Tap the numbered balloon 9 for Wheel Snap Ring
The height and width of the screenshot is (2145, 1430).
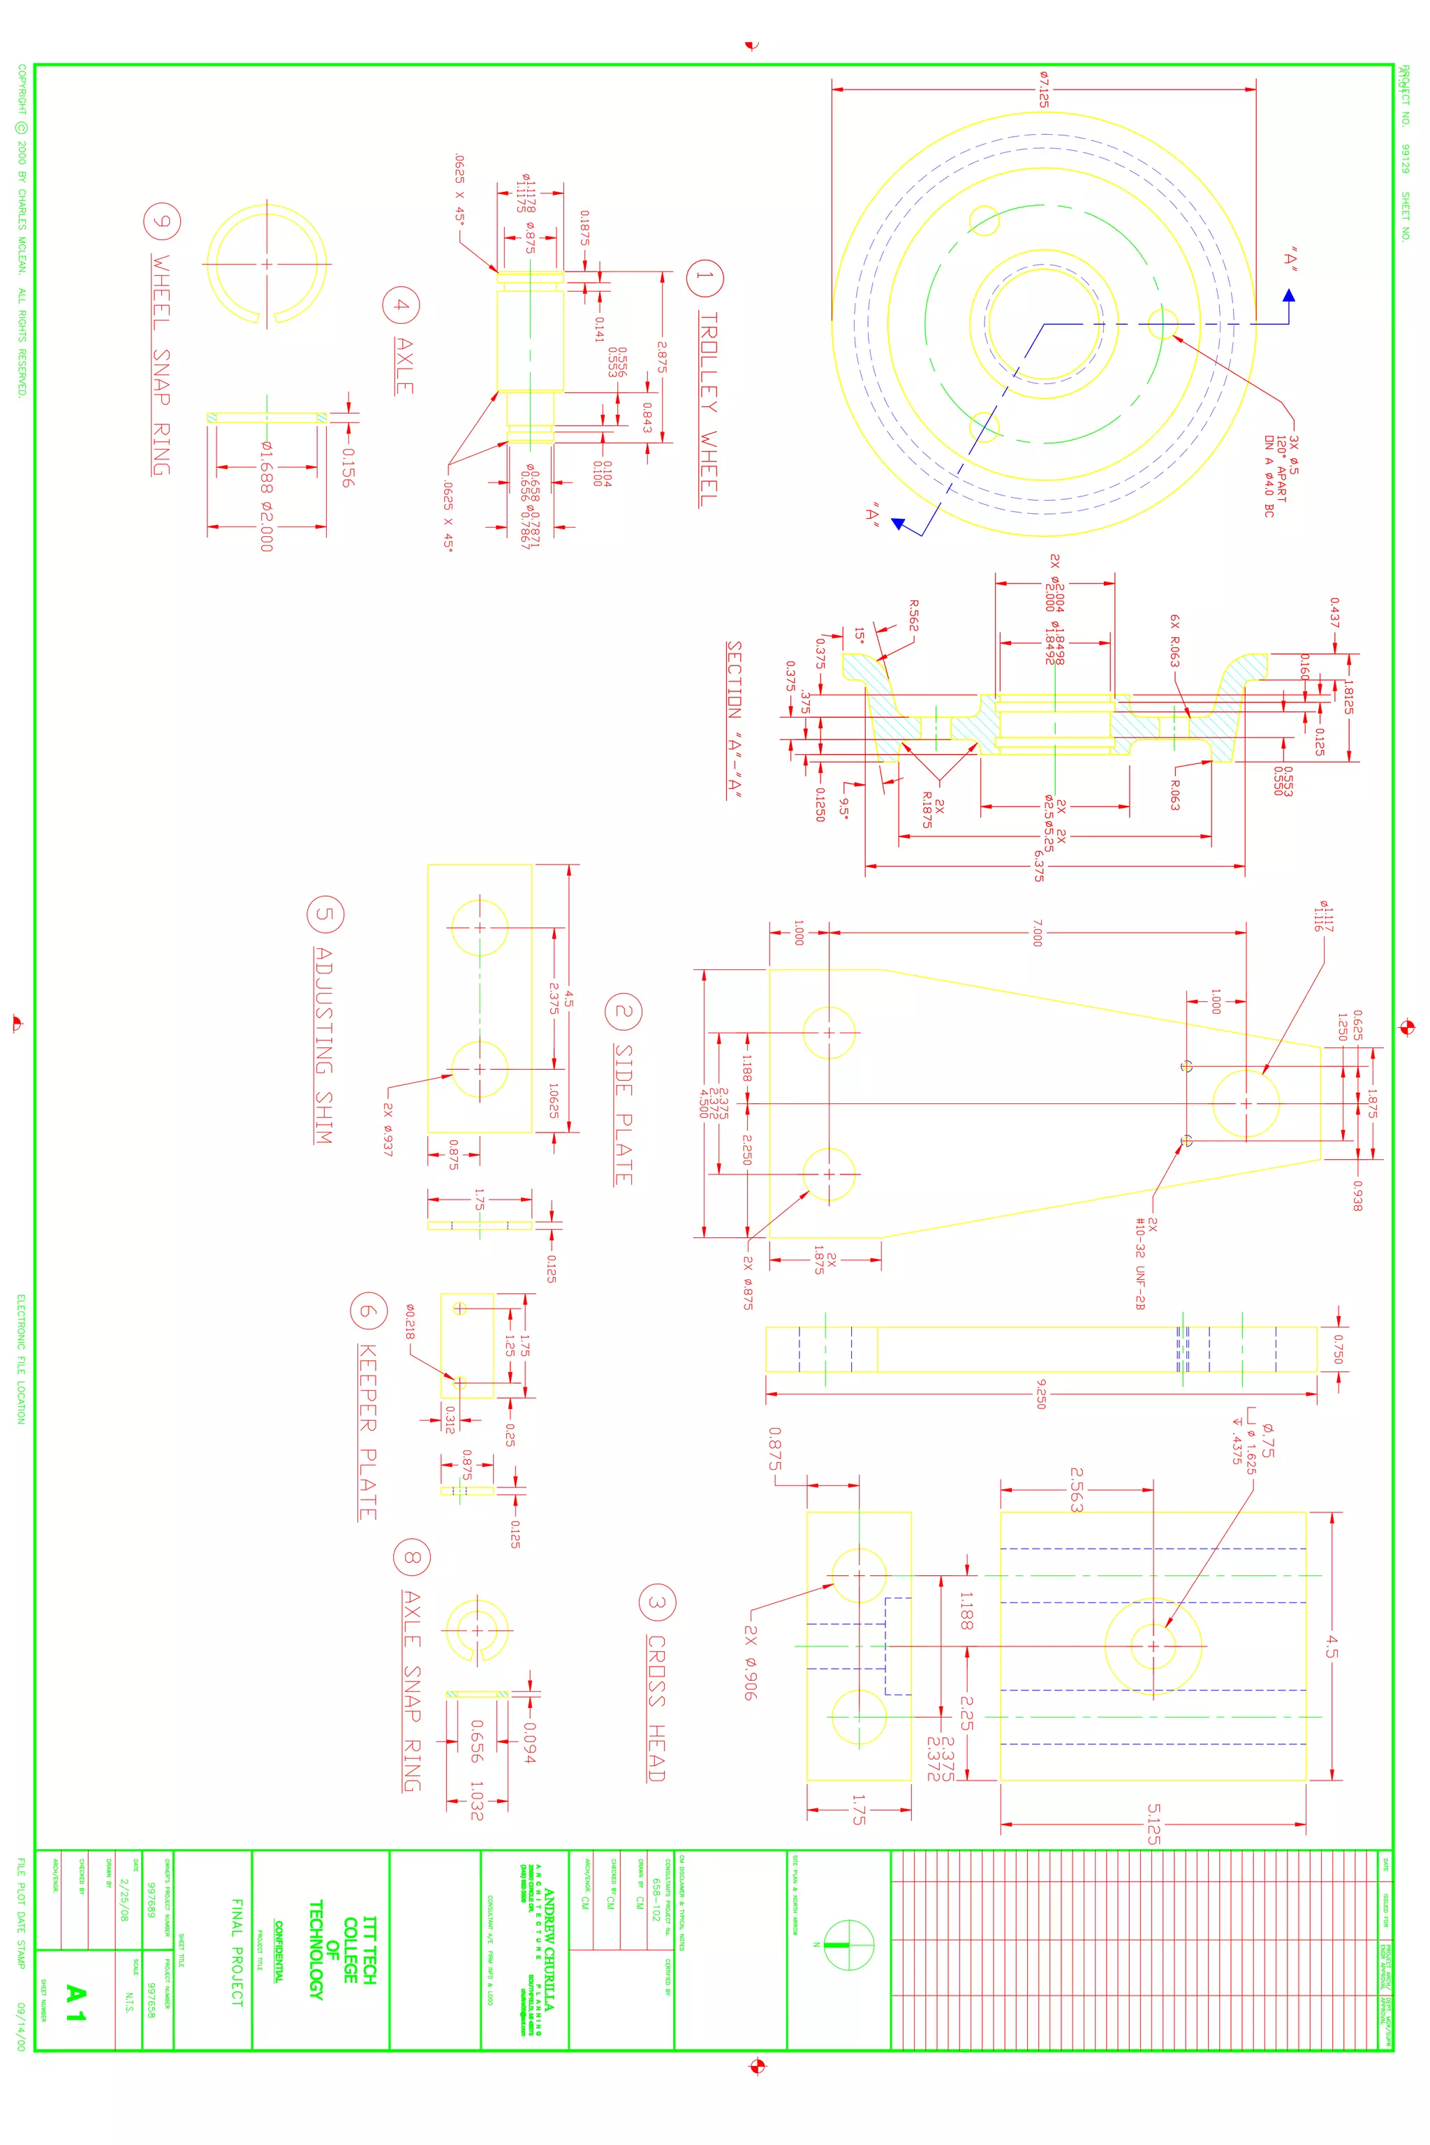click(x=162, y=221)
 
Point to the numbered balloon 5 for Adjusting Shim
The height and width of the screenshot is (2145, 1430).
click(x=325, y=915)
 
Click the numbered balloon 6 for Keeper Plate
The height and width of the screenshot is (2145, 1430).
click(x=369, y=1311)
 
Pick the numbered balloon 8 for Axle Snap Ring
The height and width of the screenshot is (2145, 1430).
click(x=411, y=1558)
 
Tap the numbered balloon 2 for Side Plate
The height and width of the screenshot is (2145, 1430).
click(x=624, y=1010)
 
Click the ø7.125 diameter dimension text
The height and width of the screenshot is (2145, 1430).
click(x=1043, y=89)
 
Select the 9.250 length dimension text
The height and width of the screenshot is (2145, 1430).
click(x=1040, y=1394)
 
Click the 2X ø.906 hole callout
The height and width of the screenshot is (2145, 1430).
click(x=750, y=1662)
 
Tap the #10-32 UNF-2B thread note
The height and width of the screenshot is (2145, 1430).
click(x=1140, y=1264)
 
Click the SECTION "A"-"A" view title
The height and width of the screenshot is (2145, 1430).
click(x=734, y=721)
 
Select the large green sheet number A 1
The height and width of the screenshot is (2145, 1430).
click(x=75, y=2004)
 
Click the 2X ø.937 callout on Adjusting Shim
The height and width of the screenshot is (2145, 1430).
click(x=388, y=1129)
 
